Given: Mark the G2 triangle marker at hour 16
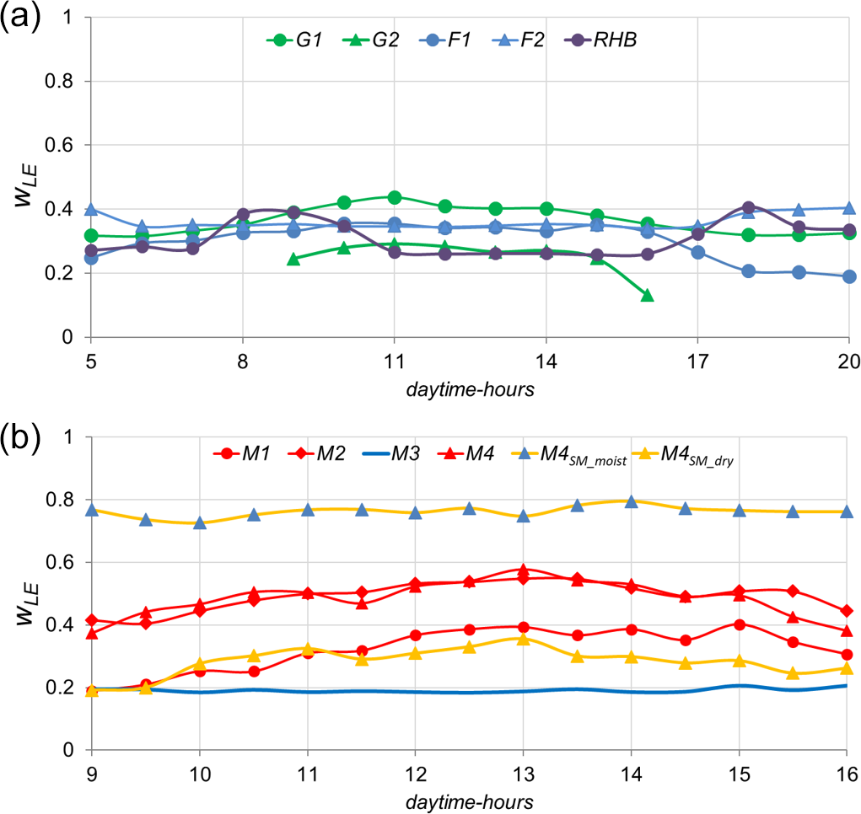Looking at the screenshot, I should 647,295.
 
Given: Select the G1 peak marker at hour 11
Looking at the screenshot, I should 394,197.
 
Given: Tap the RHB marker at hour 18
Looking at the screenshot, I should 748,207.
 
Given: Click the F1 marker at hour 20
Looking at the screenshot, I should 849,276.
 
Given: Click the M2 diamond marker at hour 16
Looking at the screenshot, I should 848,611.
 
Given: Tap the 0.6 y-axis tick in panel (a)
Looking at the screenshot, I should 69,145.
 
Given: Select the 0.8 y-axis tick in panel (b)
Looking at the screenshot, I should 69,500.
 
